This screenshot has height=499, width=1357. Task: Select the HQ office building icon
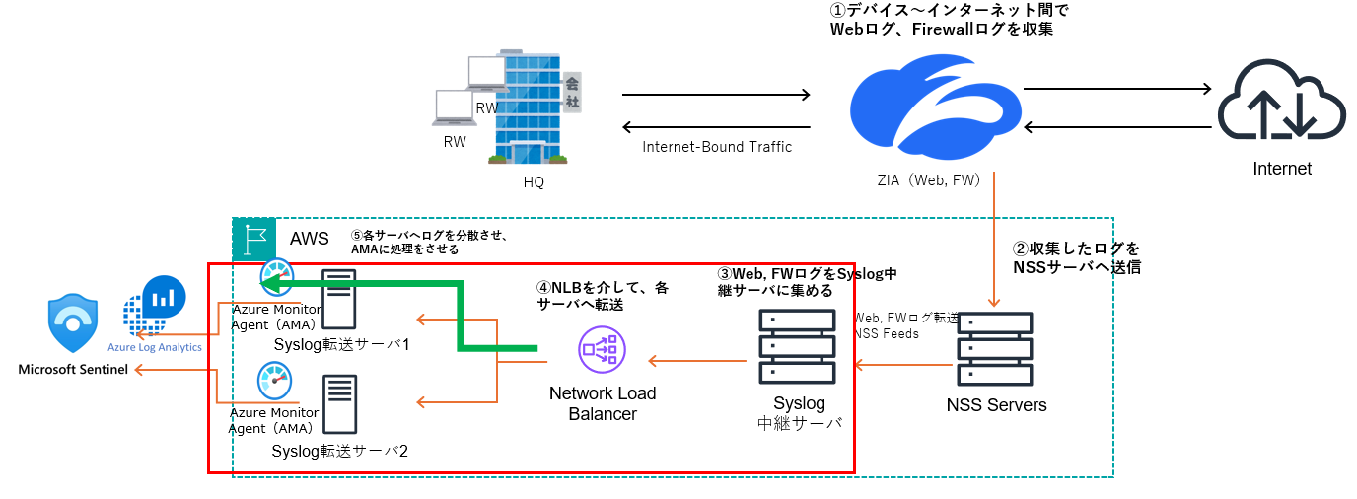point(533,106)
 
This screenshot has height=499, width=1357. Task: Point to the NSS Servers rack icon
point(995,350)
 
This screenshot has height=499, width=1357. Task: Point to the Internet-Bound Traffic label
point(717,147)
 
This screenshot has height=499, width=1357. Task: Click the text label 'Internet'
point(1282,169)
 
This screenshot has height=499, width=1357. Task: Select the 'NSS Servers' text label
point(996,405)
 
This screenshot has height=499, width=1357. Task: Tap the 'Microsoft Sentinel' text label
point(73,370)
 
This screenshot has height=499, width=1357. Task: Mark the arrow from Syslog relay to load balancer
point(696,362)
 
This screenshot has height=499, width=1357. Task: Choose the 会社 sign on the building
point(570,92)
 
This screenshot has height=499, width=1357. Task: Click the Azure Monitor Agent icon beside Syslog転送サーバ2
point(274,382)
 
